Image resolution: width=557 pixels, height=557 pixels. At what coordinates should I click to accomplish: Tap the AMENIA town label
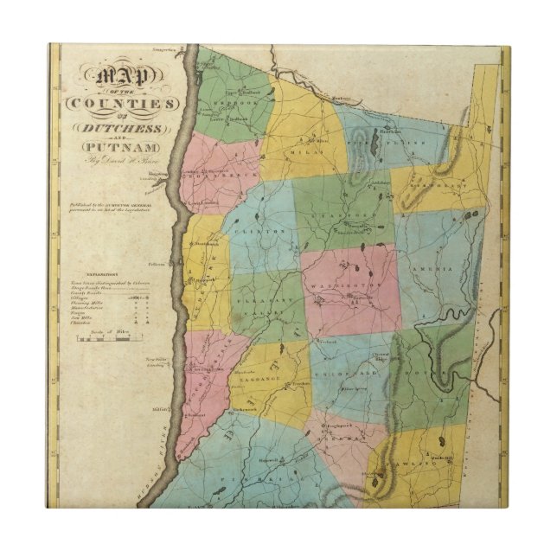pyautogui.click(x=432, y=270)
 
